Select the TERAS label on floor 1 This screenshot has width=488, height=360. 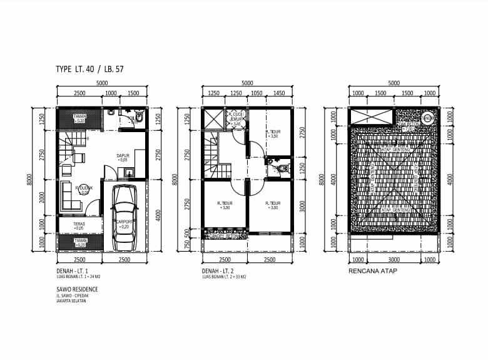[79, 226]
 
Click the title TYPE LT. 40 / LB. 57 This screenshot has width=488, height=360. [89, 69]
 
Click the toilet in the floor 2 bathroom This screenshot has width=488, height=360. [277, 168]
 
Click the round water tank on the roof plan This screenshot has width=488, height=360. [428, 117]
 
